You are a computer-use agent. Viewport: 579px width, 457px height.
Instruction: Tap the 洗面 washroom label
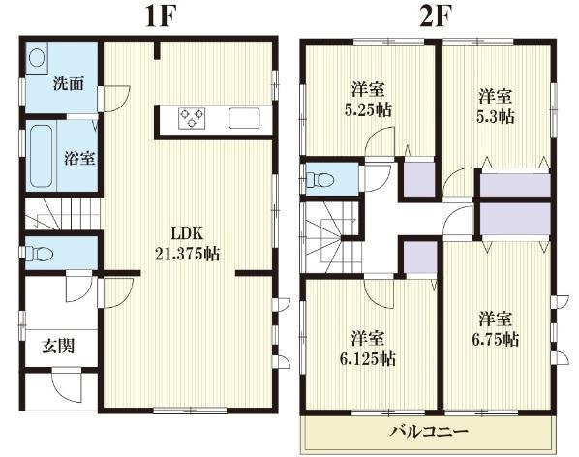(67, 82)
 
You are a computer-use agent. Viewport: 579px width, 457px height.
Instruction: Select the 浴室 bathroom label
(79, 156)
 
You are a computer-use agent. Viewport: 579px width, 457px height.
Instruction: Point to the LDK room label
(188, 233)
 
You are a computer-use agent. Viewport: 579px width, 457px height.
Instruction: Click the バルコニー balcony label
(429, 430)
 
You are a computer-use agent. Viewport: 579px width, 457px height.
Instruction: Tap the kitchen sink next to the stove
(243, 118)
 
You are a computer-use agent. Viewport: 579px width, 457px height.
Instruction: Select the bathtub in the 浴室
(41, 156)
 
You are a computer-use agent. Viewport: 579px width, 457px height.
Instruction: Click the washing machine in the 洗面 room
(37, 59)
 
